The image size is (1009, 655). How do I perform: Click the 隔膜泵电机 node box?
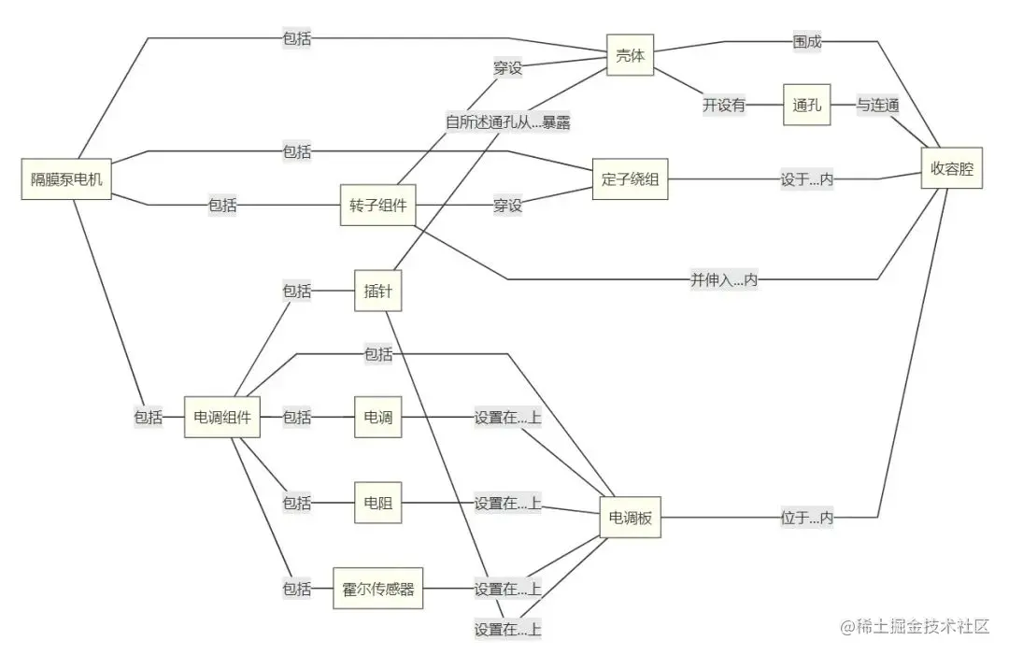(66, 179)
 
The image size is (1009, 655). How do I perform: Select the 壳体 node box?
(630, 56)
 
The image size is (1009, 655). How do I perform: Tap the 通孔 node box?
(806, 106)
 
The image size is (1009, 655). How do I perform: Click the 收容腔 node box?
(951, 169)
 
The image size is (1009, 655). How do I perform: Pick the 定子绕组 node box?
(630, 179)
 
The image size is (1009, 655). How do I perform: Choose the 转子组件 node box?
(377, 206)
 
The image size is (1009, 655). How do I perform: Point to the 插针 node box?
(377, 291)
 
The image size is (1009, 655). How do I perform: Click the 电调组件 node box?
(221, 417)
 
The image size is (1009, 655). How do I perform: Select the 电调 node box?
(377, 417)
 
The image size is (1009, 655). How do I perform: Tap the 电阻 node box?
(377, 503)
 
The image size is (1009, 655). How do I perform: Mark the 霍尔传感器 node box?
(377, 589)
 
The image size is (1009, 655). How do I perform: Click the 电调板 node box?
(630, 518)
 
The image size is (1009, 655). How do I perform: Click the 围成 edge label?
(807, 41)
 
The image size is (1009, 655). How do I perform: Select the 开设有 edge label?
(724, 106)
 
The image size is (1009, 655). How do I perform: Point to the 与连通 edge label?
(878, 106)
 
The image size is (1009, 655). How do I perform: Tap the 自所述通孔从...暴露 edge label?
(507, 121)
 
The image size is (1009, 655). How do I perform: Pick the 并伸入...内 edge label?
(724, 279)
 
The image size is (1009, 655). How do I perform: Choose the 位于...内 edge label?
(807, 517)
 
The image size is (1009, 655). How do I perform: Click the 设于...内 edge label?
(807, 179)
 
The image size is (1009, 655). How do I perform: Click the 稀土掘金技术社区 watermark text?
(915, 627)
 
